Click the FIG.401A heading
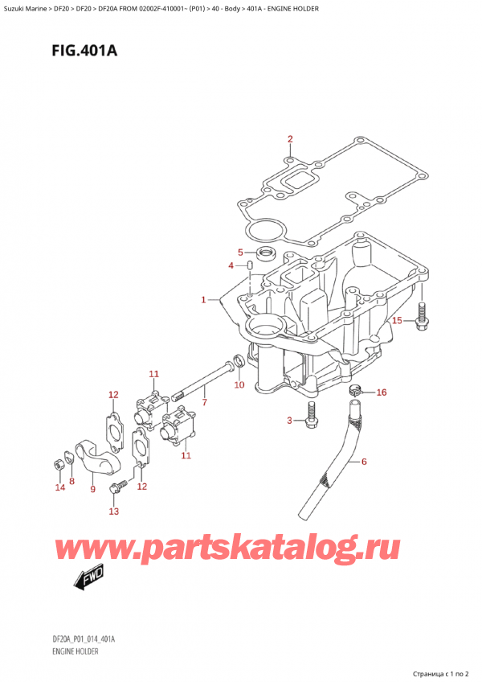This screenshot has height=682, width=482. pyautogui.click(x=84, y=51)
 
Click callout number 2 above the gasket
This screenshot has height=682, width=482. pyautogui.click(x=290, y=139)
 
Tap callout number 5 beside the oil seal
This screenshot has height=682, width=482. pyautogui.click(x=240, y=253)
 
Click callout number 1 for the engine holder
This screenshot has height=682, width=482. pyautogui.click(x=203, y=300)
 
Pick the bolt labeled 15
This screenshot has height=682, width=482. pyautogui.click(x=421, y=316)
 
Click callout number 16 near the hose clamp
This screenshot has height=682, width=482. pyautogui.click(x=381, y=392)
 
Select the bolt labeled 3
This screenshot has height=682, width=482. pyautogui.click(x=311, y=414)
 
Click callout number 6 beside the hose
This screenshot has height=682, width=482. pyautogui.click(x=364, y=461)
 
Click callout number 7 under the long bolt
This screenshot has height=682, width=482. pyautogui.click(x=204, y=402)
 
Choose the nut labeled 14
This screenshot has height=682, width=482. pyautogui.click(x=58, y=465)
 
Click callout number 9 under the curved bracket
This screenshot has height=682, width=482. pyautogui.click(x=92, y=489)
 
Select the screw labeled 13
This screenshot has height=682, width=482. pyautogui.click(x=119, y=486)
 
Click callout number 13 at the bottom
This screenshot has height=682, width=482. pyautogui.click(x=113, y=511)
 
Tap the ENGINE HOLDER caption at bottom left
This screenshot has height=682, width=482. pyautogui.click(x=75, y=651)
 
